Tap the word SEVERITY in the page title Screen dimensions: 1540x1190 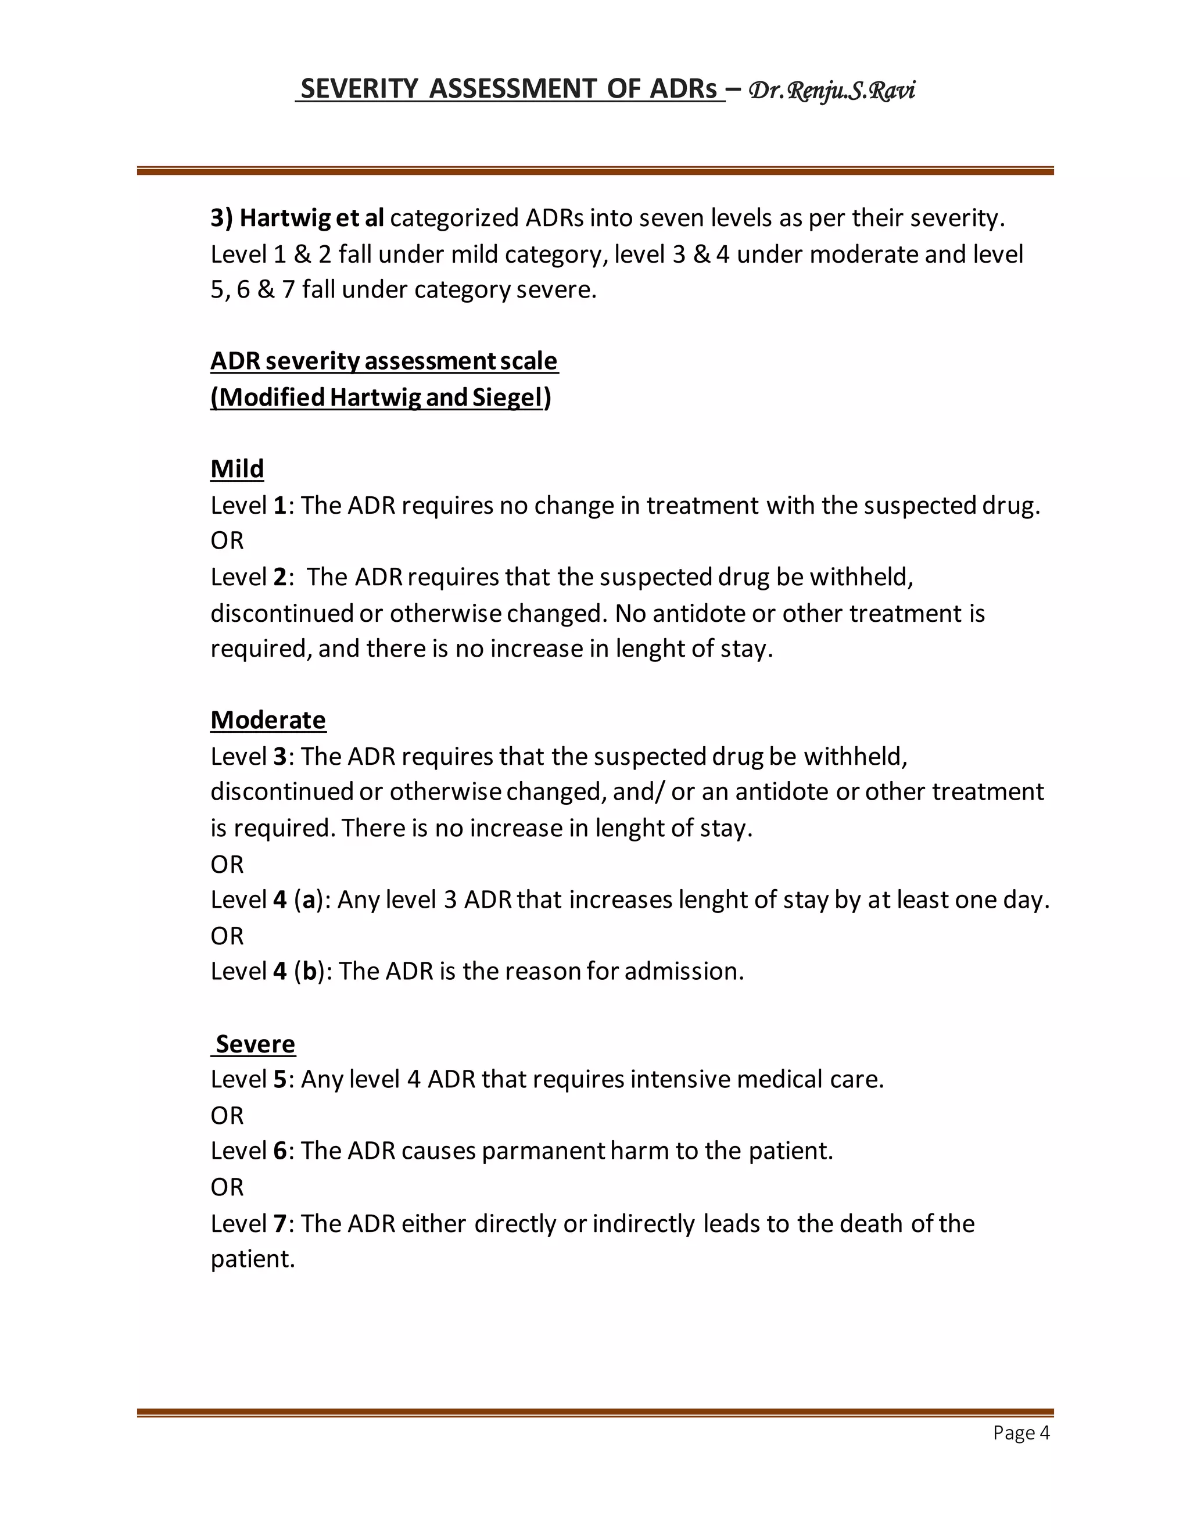[359, 89]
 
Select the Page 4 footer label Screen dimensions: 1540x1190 [1021, 1432]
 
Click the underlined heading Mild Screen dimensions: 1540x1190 [237, 469]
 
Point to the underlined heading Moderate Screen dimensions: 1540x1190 [268, 720]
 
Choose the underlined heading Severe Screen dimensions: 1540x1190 [255, 1044]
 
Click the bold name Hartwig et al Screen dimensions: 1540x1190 [311, 218]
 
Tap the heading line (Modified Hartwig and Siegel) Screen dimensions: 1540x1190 [381, 397]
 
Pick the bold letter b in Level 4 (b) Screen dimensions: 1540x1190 [309, 972]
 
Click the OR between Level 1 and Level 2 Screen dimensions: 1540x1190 [227, 541]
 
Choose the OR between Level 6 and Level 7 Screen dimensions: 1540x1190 [227, 1187]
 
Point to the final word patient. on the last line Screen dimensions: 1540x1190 [252, 1259]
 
